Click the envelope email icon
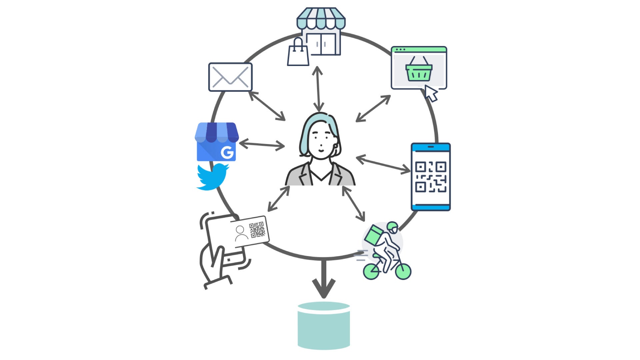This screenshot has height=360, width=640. [x=230, y=77]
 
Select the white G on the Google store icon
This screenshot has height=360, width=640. [x=227, y=153]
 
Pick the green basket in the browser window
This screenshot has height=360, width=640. [x=419, y=71]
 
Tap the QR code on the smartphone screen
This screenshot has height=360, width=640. [x=430, y=177]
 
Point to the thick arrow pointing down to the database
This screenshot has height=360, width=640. [x=323, y=280]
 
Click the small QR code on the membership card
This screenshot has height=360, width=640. [x=257, y=230]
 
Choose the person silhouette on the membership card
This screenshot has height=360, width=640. [x=241, y=233]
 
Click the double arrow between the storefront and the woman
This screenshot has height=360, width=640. [x=318, y=89]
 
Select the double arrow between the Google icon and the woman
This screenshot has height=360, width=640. [x=262, y=145]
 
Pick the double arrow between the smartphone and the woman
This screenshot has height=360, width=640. [x=383, y=164]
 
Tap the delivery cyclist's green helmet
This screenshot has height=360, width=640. [x=393, y=227]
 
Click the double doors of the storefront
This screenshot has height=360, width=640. [x=321, y=44]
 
